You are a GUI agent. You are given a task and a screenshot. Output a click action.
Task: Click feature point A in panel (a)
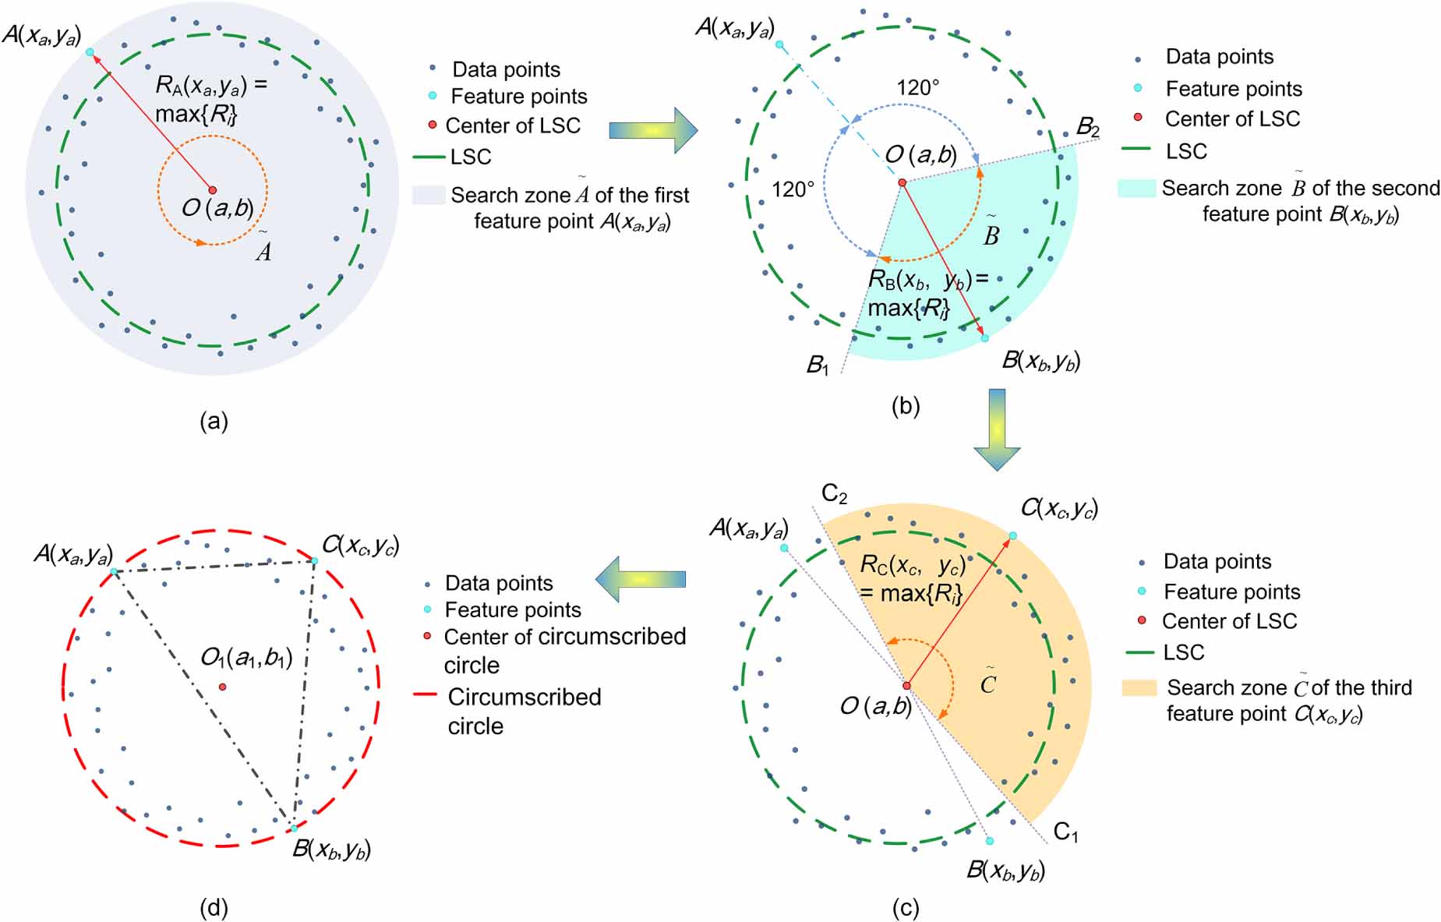coord(90,52)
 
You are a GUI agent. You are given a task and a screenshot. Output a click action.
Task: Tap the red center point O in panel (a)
coord(212,189)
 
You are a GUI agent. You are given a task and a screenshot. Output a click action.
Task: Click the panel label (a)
coord(214,422)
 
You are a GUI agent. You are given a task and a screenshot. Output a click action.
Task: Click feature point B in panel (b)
coord(984,338)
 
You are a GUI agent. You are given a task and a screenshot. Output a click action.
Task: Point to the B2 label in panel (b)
coord(1087,127)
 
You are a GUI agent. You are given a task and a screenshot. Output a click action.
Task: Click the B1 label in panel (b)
coord(818,364)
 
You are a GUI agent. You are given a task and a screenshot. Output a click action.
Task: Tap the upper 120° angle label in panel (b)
coord(917,87)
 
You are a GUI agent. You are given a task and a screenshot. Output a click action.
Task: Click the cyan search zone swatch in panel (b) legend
coord(1135,188)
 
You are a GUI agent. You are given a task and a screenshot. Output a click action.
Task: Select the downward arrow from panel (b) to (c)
coord(997,429)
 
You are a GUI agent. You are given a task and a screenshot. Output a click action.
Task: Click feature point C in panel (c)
coord(1012,535)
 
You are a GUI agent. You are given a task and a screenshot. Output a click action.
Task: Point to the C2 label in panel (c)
coord(834,493)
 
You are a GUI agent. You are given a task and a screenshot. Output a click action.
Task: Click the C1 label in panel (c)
coord(1065,832)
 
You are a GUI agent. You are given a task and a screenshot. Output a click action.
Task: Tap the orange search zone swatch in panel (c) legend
coord(1139,687)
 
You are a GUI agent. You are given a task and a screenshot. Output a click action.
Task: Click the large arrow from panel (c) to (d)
coord(641,579)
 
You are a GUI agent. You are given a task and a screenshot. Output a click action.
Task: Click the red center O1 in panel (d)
coord(223,687)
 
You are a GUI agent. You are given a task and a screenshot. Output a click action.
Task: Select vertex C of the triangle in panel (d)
coord(315,560)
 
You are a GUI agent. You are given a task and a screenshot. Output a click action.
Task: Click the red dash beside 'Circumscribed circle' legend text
coord(425,694)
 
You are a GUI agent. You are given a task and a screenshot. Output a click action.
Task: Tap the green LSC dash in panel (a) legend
coord(428,157)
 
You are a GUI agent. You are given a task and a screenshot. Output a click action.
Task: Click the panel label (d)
coord(214,907)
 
